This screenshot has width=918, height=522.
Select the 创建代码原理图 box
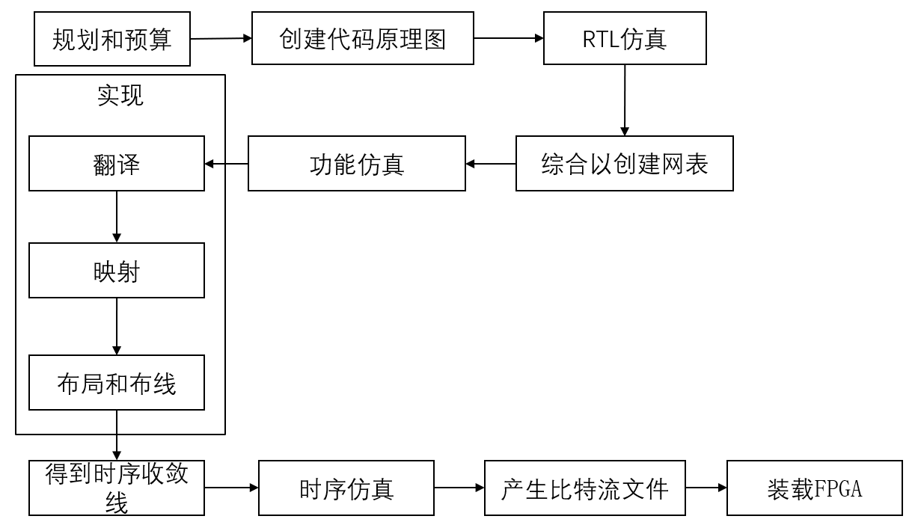362,38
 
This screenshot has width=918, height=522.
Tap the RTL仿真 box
625,38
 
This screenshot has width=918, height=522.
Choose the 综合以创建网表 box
624,164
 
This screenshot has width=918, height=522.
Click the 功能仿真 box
356,164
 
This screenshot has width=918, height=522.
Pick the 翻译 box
117,163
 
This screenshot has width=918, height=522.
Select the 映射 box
117,271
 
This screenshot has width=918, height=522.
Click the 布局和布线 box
117,383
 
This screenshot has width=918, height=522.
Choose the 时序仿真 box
346,488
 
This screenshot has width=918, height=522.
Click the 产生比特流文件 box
584,488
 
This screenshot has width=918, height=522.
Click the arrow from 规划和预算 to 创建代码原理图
221,38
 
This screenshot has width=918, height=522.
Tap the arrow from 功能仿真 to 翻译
226,164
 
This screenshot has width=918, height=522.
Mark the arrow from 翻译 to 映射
117,216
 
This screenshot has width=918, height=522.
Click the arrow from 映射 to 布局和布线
117,326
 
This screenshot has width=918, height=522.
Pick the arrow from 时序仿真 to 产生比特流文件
459,488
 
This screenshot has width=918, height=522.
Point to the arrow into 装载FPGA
706,488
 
